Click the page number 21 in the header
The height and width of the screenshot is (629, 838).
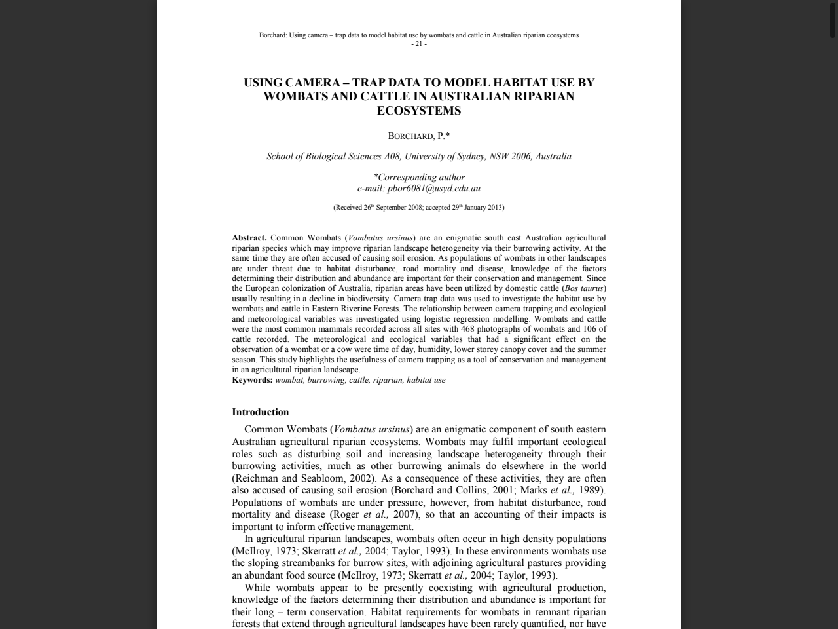pos(418,44)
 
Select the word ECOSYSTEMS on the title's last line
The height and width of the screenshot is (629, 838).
pos(419,111)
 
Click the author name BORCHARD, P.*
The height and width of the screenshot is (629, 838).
pos(419,136)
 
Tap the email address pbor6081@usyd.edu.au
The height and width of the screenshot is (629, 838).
pos(433,189)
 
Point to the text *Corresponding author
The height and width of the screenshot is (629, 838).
pos(419,177)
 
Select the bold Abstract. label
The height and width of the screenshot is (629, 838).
pos(249,238)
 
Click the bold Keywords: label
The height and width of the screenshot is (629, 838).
pos(252,380)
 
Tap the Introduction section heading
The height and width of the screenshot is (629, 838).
pos(260,412)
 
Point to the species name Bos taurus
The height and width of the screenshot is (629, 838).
pos(584,288)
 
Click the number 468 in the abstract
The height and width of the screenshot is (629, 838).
pos(467,329)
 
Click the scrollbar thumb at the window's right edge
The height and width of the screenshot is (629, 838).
pos(833,19)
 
